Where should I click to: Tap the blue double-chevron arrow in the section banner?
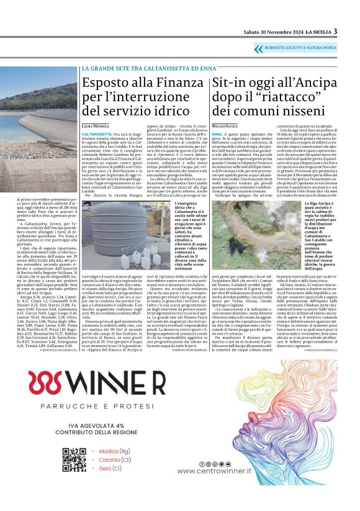click(x=258, y=48)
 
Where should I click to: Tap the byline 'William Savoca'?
click(x=225, y=125)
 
